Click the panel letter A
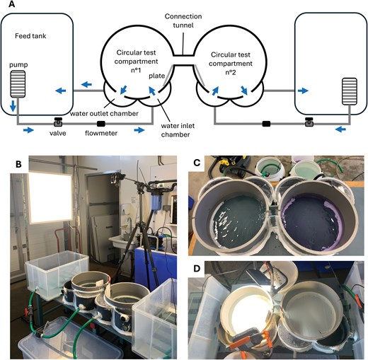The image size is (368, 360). (x=11, y=4)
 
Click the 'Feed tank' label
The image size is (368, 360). (x=30, y=36)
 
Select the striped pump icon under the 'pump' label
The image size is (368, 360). (x=18, y=83)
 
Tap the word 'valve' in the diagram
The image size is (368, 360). (x=58, y=133)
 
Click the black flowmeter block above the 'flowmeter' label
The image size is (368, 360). (x=101, y=123)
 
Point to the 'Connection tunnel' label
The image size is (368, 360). (x=183, y=21)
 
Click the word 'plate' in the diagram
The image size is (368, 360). (x=157, y=76)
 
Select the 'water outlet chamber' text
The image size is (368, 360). (x=104, y=114)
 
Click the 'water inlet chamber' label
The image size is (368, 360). (x=178, y=130)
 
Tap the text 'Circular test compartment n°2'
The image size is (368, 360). (x=231, y=64)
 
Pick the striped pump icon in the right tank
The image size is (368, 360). (x=350, y=91)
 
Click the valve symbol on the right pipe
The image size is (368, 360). (x=309, y=122)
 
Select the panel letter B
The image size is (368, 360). (x=18, y=164)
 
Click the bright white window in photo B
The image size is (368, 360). (x=50, y=197)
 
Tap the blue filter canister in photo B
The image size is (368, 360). (x=155, y=201)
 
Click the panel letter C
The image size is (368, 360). (x=197, y=163)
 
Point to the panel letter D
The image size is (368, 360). (x=197, y=269)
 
